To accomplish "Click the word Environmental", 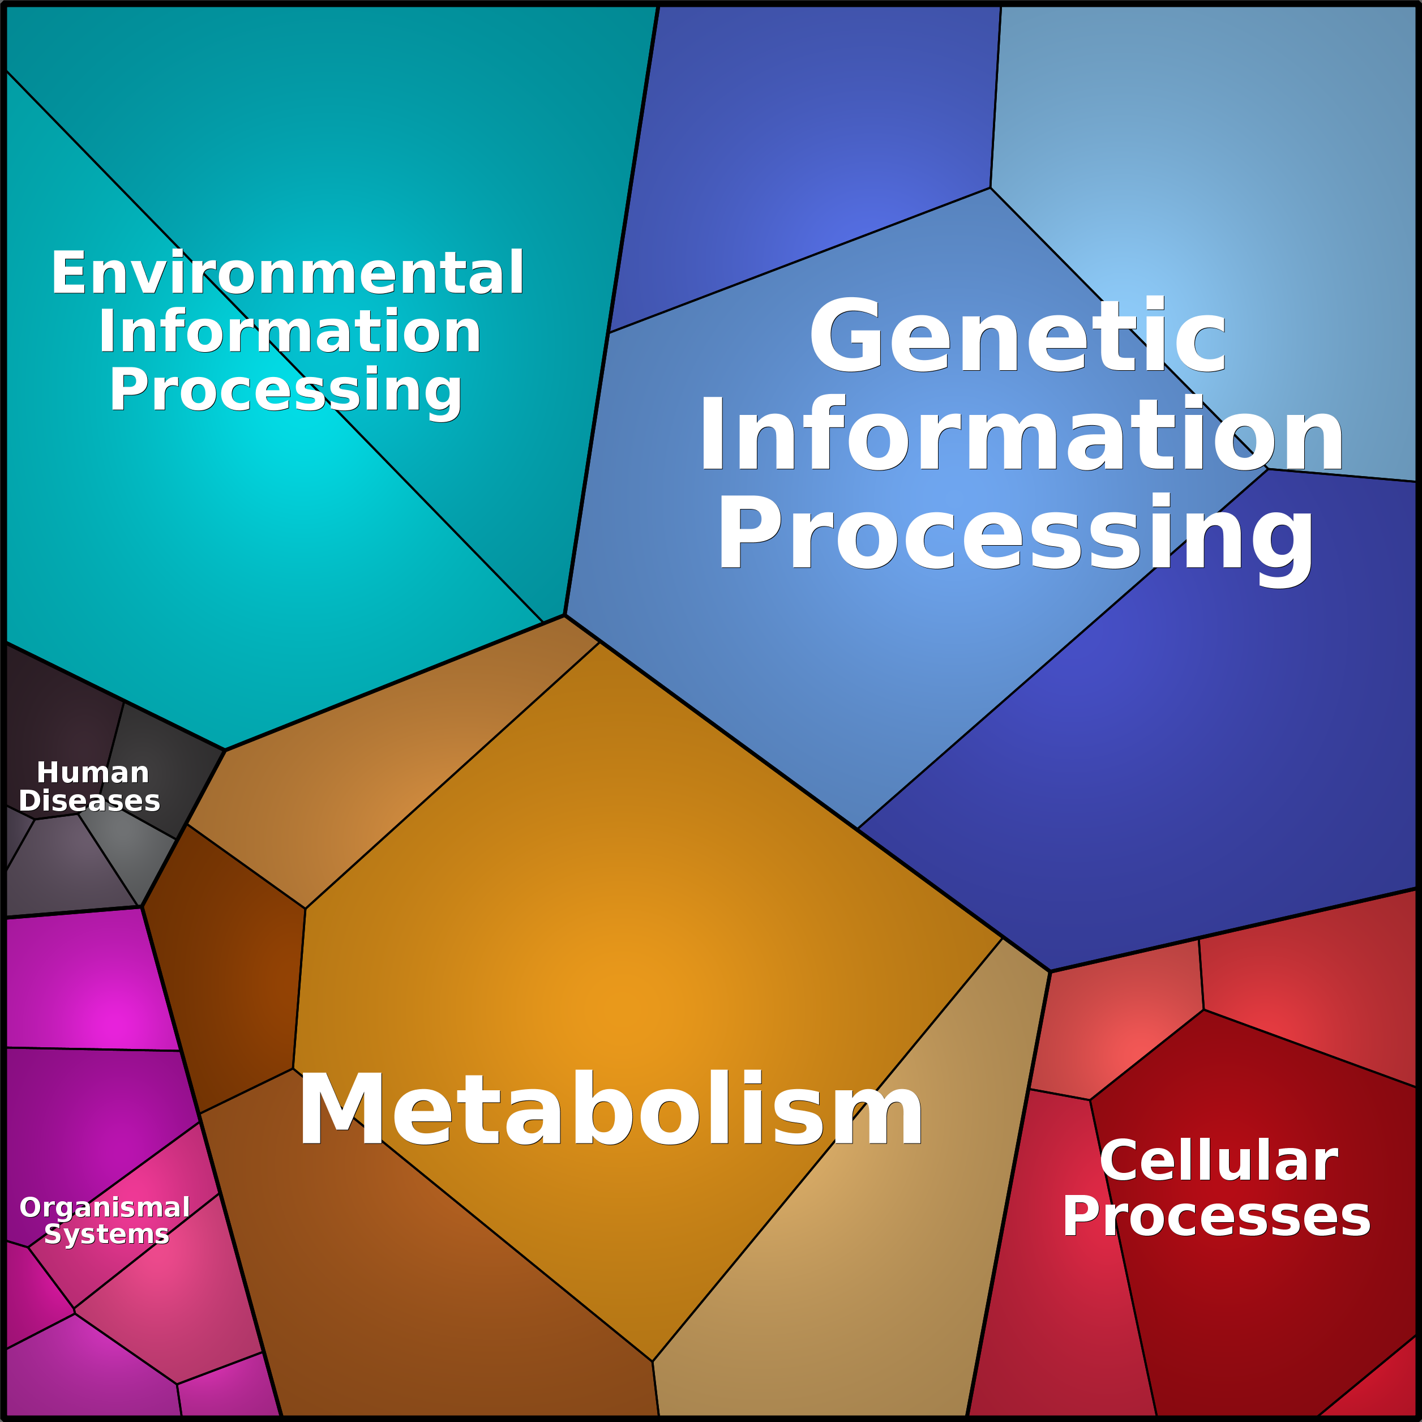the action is (x=288, y=273).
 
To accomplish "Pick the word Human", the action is (x=93, y=773).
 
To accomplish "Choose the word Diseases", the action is (x=89, y=801).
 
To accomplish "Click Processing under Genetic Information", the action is (x=1016, y=537).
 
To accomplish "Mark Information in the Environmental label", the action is (x=289, y=331).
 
